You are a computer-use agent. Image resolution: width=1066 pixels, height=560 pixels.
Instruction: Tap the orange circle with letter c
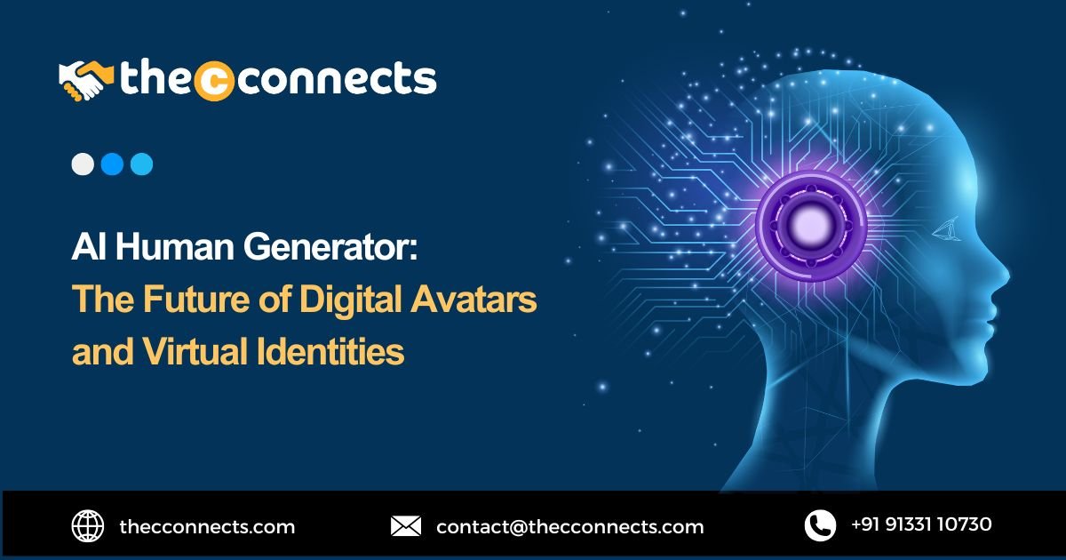[x=214, y=81]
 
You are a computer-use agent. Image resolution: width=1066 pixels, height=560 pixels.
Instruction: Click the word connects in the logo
[x=336, y=78]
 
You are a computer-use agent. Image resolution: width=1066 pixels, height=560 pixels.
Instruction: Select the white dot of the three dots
[x=83, y=164]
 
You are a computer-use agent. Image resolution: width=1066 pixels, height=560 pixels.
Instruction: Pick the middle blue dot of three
[x=112, y=164]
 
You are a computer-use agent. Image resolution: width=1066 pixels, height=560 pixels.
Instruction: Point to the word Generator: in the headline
[x=330, y=248]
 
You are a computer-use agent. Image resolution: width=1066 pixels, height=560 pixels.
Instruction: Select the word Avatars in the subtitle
[x=473, y=299]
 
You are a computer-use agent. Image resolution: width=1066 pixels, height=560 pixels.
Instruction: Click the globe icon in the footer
[x=88, y=525]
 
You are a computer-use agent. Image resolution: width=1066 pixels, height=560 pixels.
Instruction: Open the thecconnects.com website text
[x=207, y=526]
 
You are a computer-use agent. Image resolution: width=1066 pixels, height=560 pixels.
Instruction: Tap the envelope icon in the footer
[x=406, y=526]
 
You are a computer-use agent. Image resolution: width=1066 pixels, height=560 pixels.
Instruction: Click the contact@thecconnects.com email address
[x=570, y=526]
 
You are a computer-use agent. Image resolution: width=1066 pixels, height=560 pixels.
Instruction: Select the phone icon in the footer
[x=820, y=525]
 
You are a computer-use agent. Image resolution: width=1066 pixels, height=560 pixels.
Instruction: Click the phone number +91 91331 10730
[x=921, y=524]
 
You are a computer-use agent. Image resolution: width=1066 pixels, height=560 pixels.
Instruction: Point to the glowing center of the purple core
[x=809, y=225]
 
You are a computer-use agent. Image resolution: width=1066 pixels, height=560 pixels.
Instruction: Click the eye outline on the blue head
[x=946, y=229]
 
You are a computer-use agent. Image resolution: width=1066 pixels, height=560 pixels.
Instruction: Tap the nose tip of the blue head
[x=1008, y=276]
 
